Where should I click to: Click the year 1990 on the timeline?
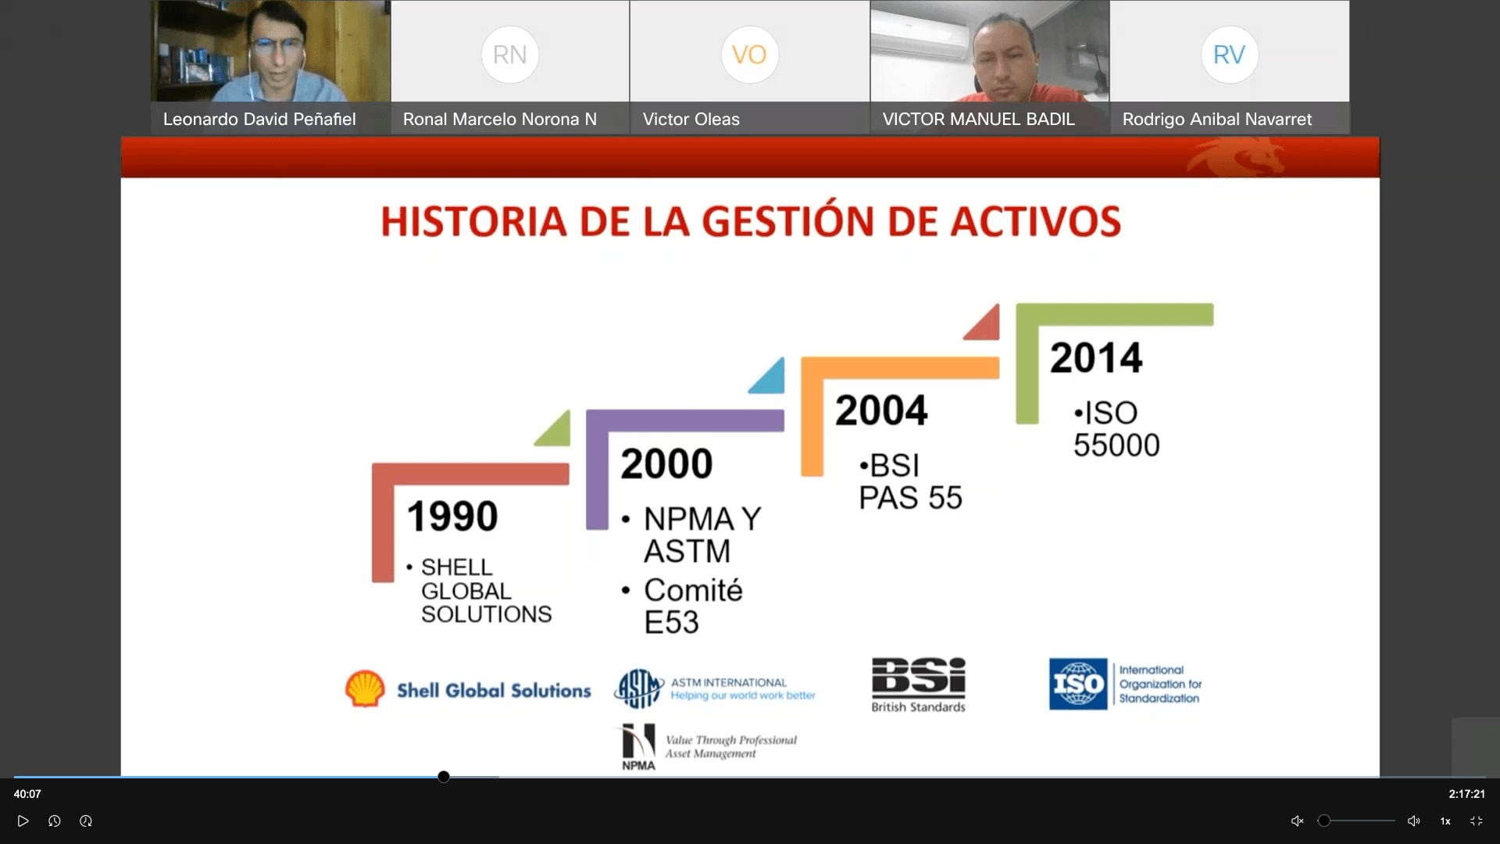point(452,517)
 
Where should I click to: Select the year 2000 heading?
point(666,463)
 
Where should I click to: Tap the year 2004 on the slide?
point(881,410)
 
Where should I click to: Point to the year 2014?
point(1096,358)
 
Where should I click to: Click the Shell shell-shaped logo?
point(365,688)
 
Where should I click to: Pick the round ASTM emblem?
point(639,688)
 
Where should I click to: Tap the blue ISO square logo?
point(1078,684)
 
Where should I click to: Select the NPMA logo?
point(638,747)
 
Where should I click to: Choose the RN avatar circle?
point(510,55)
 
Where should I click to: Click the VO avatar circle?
point(749,55)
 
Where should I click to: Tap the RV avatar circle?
point(1229,55)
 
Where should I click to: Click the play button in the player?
point(23,821)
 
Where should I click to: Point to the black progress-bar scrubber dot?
point(444,777)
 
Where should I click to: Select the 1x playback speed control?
point(1445,821)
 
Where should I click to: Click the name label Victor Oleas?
point(691,120)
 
